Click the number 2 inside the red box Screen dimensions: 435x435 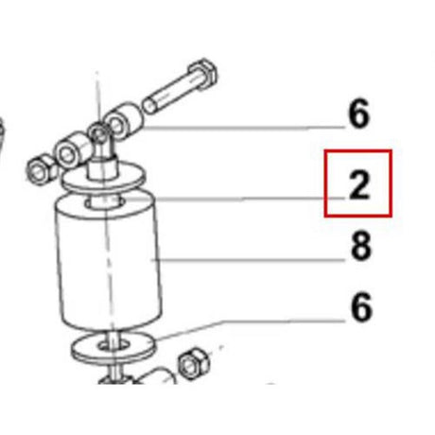point(358,185)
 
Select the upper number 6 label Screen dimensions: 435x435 point(358,115)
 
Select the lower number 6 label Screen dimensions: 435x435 point(360,307)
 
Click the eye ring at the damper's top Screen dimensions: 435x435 point(97,132)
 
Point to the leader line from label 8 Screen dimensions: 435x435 point(246,257)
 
